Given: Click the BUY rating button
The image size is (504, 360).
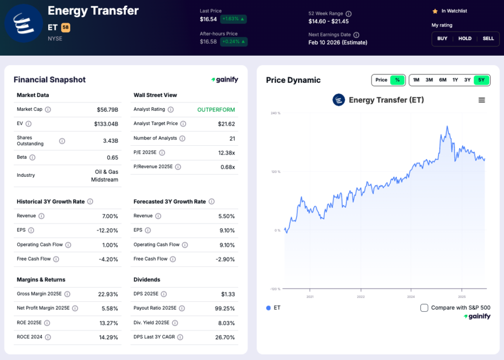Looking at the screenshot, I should pos(442,38).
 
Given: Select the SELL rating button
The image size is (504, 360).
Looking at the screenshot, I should pos(488,38).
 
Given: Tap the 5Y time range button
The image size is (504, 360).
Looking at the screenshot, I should pos(481,80).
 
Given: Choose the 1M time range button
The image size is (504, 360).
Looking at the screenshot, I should pos(416,80).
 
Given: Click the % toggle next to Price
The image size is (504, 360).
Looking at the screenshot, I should pos(397,80).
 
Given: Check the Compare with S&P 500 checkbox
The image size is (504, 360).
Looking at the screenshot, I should pos(424,308).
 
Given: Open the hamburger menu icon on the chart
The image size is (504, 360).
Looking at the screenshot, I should pos(481,100).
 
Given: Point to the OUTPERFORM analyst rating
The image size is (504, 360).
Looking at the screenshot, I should pos(216,109).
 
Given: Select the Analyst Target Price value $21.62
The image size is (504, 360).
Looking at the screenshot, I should pos(226,124).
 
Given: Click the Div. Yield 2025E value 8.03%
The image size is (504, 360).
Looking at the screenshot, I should pos(226,323).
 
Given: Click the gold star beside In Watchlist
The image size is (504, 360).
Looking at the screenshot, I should pos(435,11).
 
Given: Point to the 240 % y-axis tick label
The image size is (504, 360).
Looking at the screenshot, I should pos(275,113).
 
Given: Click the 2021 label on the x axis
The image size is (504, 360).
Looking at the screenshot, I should pos(310,297).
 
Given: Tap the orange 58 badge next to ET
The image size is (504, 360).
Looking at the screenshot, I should pos(65,28).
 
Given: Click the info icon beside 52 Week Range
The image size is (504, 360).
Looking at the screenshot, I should pos(348,14).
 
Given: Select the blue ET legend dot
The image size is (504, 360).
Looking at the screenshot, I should pos(268,308).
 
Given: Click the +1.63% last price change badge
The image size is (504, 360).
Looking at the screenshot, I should pos(233,19).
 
